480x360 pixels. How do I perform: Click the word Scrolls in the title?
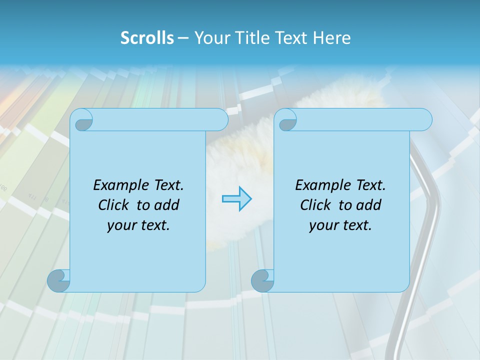[x=147, y=38]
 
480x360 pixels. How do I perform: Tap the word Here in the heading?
[x=331, y=38]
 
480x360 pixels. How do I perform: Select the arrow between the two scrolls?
[x=236, y=199]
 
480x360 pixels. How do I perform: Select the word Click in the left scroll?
[x=114, y=205]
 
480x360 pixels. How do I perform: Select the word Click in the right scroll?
[x=316, y=205]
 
